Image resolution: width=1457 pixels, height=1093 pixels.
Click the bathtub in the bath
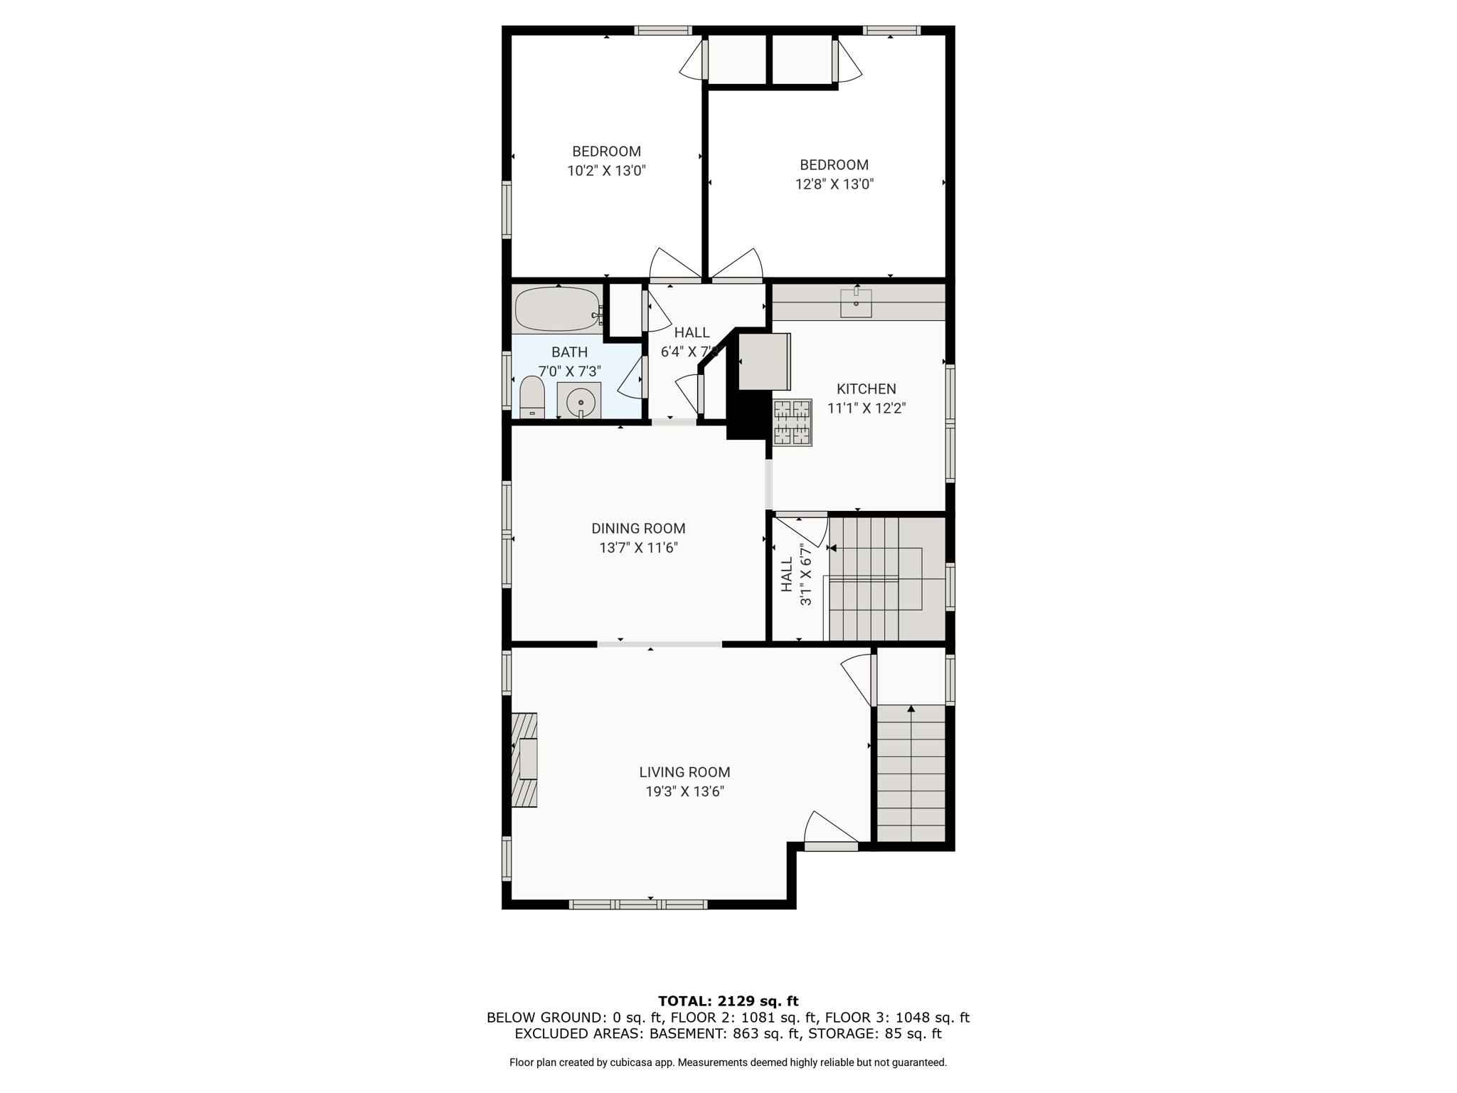pyautogui.click(x=558, y=310)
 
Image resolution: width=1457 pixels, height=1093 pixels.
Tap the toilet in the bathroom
pyautogui.click(x=532, y=398)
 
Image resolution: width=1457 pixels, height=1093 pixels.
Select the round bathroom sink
pyautogui.click(x=580, y=401)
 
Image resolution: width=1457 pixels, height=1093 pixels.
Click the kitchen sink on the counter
pyautogui.click(x=856, y=303)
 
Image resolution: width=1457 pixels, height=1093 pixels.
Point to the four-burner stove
pyautogui.click(x=793, y=423)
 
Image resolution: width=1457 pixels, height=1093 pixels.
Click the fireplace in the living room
pyautogui.click(x=524, y=760)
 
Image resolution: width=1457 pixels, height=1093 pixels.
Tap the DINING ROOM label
pyautogui.click(x=638, y=529)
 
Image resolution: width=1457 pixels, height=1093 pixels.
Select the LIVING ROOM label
pyautogui.click(x=684, y=772)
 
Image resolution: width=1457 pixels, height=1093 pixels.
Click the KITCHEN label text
pyautogui.click(x=866, y=389)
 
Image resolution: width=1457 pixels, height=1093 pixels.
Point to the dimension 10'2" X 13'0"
pyautogui.click(x=606, y=171)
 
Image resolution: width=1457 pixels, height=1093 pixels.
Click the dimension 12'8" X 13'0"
pyautogui.click(x=834, y=184)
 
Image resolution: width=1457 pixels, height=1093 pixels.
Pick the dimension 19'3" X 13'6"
pyautogui.click(x=684, y=791)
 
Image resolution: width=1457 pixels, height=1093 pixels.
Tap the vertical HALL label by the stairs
pyautogui.click(x=786, y=575)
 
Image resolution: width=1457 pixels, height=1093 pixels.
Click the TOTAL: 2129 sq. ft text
pyautogui.click(x=728, y=1001)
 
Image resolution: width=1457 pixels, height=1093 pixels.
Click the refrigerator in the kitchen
pyautogui.click(x=765, y=361)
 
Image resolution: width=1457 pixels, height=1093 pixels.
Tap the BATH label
pyautogui.click(x=569, y=352)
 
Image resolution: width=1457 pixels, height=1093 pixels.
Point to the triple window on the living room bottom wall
pyautogui.click(x=638, y=904)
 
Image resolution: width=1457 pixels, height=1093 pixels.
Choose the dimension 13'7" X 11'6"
pyautogui.click(x=638, y=548)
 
